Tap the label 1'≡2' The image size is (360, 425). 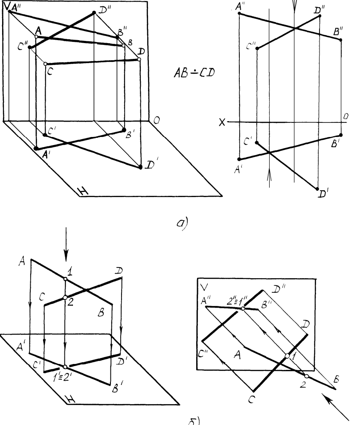point(64,376)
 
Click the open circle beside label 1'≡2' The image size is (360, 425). point(65,367)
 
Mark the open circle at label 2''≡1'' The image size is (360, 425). point(242,308)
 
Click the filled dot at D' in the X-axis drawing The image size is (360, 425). point(317,188)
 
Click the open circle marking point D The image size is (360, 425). point(139,59)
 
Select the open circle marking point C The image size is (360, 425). point(46,64)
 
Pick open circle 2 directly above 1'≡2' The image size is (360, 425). point(65,297)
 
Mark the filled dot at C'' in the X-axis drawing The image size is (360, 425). point(257,49)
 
